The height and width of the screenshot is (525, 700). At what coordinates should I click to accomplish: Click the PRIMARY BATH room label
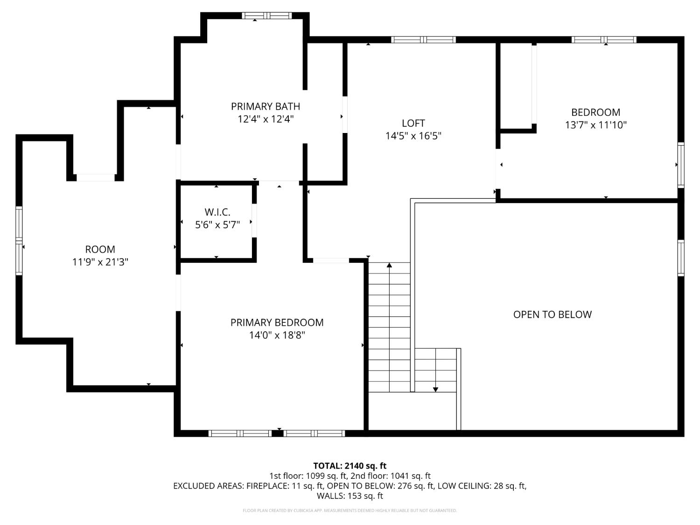tap(265, 106)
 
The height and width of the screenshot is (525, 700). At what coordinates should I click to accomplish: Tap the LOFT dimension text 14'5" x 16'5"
tap(413, 136)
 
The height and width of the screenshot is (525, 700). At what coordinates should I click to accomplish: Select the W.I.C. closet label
tap(217, 212)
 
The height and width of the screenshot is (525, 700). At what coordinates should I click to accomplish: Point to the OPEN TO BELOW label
tap(552, 315)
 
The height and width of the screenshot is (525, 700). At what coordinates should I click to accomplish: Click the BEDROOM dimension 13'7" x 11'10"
tap(595, 125)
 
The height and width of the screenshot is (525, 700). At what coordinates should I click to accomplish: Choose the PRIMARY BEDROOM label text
tap(277, 322)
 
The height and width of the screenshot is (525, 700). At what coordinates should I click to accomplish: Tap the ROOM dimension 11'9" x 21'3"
tap(100, 262)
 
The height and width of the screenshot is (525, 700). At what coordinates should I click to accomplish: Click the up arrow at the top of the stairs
tap(389, 266)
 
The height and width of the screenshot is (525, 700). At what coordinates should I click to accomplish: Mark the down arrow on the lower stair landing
tap(435, 388)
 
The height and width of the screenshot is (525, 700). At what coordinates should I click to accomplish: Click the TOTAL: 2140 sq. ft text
tap(350, 466)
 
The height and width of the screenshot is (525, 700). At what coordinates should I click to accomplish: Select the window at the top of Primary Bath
tap(266, 16)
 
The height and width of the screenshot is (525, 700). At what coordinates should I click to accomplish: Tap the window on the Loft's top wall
tap(423, 40)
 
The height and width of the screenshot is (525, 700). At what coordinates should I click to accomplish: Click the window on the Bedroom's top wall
tap(604, 40)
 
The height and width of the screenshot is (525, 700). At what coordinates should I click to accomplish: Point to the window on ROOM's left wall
tap(19, 240)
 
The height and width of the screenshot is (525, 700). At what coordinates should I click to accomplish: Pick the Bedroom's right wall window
tap(680, 164)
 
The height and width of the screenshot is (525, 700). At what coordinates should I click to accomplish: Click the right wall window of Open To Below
tap(680, 258)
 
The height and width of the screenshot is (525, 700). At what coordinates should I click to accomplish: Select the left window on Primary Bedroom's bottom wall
tap(240, 434)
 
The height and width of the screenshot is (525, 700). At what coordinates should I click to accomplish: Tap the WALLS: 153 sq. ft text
tap(350, 496)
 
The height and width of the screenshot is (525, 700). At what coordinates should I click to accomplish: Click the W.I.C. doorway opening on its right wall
tap(254, 221)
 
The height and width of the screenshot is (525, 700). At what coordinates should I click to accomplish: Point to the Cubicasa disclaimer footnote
tap(350, 511)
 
